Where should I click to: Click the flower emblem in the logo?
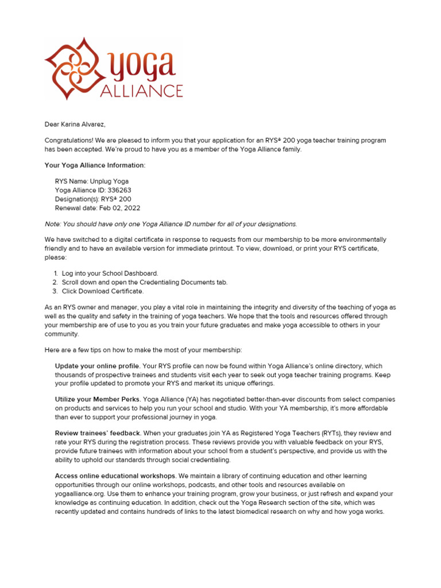pyautogui.click(x=69, y=68)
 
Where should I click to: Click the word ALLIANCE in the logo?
pyautogui.click(x=142, y=91)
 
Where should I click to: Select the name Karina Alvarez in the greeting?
pyautogui.click(x=83, y=124)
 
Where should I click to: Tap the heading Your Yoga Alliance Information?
pyautogui.click(x=95, y=165)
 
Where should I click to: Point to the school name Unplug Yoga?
pyautogui.click(x=109, y=181)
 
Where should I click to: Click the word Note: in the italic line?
pyautogui.click(x=53, y=224)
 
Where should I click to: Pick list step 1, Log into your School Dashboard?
pyautogui.click(x=110, y=273)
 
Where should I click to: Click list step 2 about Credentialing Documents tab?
pyautogui.click(x=144, y=282)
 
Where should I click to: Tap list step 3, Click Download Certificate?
pyautogui.click(x=103, y=291)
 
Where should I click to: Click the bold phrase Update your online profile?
pyautogui.click(x=98, y=366)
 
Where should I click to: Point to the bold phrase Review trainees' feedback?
pyautogui.click(x=98, y=433)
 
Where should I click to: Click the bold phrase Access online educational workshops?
pyautogui.click(x=116, y=476)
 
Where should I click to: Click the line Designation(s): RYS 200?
pyautogui.click(x=93, y=199)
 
